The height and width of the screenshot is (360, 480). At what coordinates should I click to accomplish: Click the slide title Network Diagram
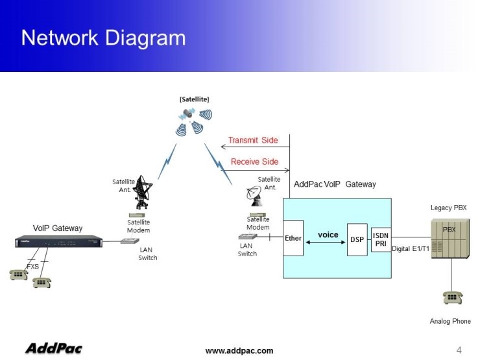[x=103, y=38]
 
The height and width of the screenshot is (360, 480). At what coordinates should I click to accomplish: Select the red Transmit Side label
[x=253, y=140]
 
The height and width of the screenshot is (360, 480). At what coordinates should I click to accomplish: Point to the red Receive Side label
[x=254, y=162]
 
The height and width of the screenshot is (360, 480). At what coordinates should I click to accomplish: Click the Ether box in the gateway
[x=293, y=238]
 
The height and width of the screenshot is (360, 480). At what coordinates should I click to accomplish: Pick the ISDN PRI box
[x=381, y=239]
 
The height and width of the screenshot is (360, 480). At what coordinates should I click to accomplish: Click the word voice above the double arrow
[x=328, y=234]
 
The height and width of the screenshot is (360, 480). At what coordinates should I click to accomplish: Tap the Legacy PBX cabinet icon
[x=449, y=238]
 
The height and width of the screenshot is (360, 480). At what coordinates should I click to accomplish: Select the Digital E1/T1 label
[x=411, y=249]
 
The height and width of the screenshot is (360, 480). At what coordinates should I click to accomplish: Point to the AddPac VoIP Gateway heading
[x=335, y=184]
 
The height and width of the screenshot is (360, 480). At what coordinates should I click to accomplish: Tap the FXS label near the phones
[x=32, y=266]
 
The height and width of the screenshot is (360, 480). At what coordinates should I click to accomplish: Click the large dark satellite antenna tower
[x=143, y=193]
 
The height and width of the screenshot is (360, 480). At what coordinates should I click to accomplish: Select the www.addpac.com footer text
[x=239, y=351]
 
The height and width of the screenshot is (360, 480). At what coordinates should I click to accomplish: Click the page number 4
[x=459, y=350]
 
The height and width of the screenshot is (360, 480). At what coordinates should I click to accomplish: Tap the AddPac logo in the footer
[x=53, y=349]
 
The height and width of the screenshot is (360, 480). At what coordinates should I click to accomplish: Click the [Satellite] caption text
[x=194, y=99]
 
